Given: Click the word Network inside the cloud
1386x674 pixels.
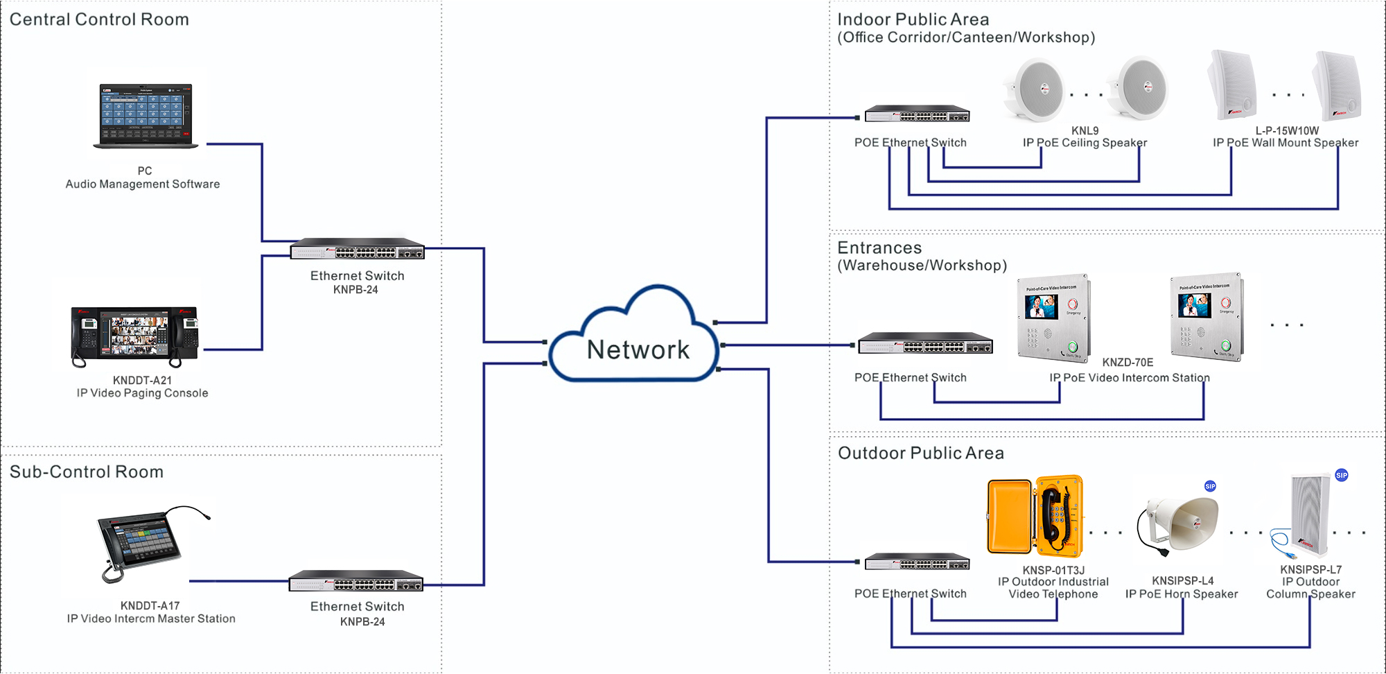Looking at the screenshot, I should point(638,349).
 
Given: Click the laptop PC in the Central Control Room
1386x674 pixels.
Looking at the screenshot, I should point(146,115).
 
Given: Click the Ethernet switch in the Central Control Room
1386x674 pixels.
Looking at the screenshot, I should point(357,249).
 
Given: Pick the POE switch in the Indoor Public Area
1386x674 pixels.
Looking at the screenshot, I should point(917,114).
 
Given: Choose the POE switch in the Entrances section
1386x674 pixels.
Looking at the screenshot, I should point(925,344).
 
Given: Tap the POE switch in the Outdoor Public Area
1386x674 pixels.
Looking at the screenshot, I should point(917,562).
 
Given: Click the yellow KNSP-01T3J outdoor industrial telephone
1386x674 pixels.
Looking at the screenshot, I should point(1035,516).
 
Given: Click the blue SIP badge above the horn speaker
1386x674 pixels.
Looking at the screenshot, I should point(1210,486).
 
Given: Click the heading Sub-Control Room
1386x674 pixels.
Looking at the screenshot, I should point(87,472).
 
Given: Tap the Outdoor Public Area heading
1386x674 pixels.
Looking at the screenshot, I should point(920,453).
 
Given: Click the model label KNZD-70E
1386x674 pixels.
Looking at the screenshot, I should point(1128,362).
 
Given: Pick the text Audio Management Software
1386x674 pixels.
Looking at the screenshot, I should point(143,184).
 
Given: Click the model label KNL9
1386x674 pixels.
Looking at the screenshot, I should point(1085,130).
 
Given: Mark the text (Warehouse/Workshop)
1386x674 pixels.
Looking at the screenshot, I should point(922,266).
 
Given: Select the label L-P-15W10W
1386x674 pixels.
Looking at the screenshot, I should point(1287,130).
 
